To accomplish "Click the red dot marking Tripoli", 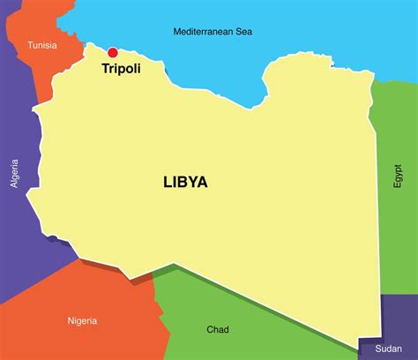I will click(x=112, y=52).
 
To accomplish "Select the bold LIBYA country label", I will click(x=185, y=183).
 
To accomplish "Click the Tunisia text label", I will click(x=42, y=45).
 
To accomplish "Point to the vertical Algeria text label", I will click(x=14, y=176).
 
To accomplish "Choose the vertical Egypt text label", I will click(x=397, y=176).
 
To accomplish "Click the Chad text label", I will click(x=218, y=329).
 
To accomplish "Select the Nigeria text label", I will click(x=82, y=320).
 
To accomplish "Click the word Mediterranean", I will click(x=203, y=32).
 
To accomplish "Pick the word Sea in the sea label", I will click(x=243, y=32).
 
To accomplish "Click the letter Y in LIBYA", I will click(x=192, y=183).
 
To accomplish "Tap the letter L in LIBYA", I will click(x=168, y=183).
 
